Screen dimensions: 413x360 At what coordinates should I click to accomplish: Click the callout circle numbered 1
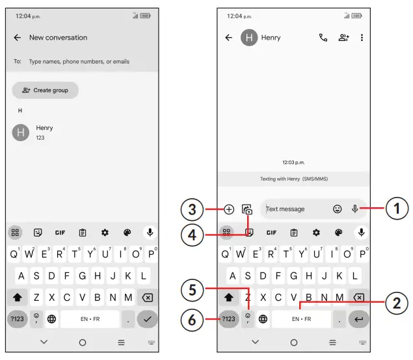[397, 209]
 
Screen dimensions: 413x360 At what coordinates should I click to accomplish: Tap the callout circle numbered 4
[193, 235]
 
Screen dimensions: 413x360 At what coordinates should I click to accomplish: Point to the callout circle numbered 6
[193, 320]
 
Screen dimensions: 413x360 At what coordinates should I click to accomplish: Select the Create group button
[46, 90]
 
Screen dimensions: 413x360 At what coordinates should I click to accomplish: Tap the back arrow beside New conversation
[18, 38]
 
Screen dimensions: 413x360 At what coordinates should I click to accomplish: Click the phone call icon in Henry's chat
[323, 38]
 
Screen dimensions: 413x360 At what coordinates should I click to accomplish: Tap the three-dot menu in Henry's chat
[362, 38]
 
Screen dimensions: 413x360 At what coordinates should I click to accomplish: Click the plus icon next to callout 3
[229, 209]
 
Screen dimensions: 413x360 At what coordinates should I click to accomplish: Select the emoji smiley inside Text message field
[337, 209]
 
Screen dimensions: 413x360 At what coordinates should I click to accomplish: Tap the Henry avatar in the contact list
[21, 133]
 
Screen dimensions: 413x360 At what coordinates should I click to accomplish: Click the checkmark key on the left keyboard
[147, 319]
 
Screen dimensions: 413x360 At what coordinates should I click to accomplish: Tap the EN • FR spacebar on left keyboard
[90, 319]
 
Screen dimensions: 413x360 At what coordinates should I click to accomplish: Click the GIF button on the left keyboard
[60, 233]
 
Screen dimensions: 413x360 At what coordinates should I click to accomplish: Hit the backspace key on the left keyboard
[147, 298]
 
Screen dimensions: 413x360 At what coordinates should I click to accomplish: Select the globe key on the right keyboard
[263, 319]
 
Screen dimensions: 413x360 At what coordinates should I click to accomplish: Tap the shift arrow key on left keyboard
[18, 298]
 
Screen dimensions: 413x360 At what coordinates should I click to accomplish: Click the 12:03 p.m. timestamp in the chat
[293, 162]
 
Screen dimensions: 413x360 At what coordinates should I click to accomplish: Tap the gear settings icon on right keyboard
[316, 233]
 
